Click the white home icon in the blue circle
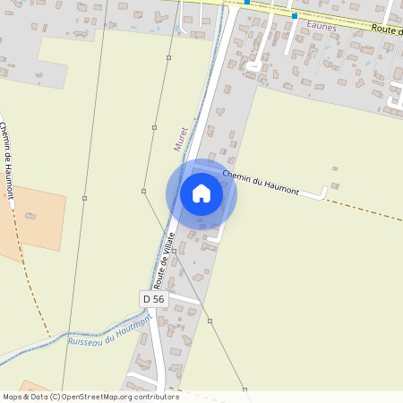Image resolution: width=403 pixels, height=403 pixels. point(201,193)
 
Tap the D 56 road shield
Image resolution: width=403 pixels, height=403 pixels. point(153,297)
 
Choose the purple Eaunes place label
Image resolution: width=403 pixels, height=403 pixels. point(320,26)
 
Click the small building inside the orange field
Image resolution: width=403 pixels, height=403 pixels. point(30,216)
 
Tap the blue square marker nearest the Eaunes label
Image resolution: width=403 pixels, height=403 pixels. point(294,16)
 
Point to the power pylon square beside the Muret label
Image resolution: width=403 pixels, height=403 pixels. point(154,128)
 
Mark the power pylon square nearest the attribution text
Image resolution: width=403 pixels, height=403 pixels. point(244,390)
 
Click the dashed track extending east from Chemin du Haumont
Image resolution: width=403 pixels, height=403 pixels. point(367,208)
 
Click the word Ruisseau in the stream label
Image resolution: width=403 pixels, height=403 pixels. point(85,338)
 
